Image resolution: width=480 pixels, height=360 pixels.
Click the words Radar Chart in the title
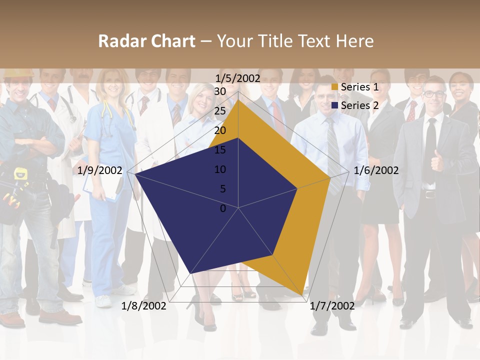pos(146,41)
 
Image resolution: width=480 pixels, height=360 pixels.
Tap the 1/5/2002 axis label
pos(238,78)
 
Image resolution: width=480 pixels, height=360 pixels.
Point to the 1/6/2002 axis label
pos(376,170)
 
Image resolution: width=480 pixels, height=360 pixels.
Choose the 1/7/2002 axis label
pos(332,305)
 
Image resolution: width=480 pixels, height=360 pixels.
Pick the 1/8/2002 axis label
pos(144,305)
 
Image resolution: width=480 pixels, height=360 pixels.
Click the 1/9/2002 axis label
pos(100,170)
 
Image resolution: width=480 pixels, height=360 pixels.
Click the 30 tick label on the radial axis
pos(220,91)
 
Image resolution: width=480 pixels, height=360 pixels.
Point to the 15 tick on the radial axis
pos(220,150)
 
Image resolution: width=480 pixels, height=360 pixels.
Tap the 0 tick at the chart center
pos(223,208)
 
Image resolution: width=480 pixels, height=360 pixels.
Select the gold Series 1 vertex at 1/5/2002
pos(238,100)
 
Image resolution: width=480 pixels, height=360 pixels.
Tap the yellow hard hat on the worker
pos(18,73)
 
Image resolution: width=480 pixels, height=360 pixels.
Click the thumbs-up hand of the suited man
pos(437,160)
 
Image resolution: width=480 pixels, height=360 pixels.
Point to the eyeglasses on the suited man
pos(433,94)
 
